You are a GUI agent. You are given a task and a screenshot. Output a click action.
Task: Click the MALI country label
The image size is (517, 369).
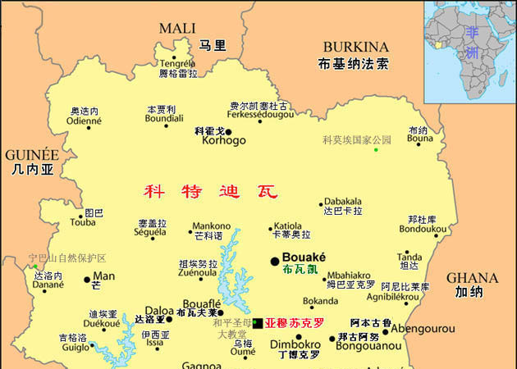click(x=177, y=28)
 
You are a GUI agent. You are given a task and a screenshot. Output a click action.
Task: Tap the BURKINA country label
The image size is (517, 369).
click(x=355, y=47)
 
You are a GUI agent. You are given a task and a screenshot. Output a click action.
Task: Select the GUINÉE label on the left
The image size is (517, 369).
click(x=32, y=154)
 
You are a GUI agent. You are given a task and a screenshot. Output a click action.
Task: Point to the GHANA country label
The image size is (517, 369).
click(x=473, y=277)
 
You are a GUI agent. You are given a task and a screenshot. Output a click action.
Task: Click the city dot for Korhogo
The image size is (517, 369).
click(x=228, y=131)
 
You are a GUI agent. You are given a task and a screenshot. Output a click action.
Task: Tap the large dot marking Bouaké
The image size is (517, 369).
click(x=274, y=261)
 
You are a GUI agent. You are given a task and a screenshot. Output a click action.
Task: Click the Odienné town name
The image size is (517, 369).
click(x=84, y=121)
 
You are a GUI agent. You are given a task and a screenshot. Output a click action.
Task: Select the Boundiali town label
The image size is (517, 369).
click(x=164, y=118)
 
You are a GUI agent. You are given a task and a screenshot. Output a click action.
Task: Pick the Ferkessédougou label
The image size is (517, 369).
click(x=259, y=116)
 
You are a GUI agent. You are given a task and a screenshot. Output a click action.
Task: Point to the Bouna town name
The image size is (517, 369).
click(x=419, y=140)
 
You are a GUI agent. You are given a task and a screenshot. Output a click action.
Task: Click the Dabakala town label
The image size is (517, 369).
click(x=343, y=201)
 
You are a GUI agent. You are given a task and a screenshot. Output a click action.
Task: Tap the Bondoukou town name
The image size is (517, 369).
click(x=422, y=230)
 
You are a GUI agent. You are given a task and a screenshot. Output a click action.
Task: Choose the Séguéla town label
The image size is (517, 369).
click(x=151, y=233)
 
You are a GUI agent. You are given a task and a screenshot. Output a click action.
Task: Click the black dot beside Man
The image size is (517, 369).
click(x=87, y=280)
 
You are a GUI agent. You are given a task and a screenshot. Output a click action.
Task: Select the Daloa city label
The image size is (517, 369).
click(x=159, y=311)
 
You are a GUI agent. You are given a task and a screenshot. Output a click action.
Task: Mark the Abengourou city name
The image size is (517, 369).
click(x=423, y=329)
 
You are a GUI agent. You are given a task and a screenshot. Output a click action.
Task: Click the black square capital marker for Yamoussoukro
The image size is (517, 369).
click(x=258, y=323)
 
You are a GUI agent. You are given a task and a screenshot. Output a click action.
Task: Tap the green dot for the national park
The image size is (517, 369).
click(x=376, y=149)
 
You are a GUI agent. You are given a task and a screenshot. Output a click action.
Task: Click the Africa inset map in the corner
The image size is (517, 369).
click(x=469, y=49)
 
